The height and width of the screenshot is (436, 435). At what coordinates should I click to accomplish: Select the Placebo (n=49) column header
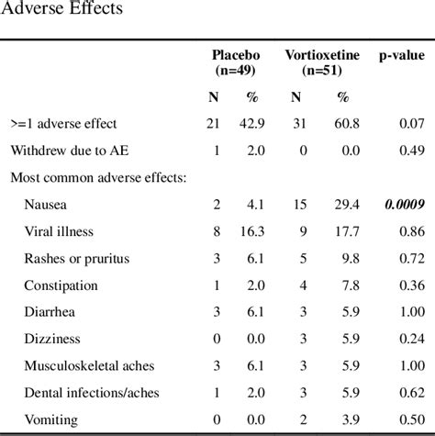pos(236,62)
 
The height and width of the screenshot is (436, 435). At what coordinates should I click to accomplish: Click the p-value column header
pos(402,55)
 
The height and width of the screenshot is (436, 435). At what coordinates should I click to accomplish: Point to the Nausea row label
pos(46,205)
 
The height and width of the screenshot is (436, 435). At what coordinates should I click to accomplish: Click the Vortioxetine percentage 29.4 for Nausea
pos(344,205)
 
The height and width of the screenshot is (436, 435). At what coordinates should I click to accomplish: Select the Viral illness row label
pos(59,231)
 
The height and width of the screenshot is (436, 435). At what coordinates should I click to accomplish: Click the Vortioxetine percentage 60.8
pos(344,123)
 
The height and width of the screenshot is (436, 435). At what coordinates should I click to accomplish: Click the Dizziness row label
pos(52,339)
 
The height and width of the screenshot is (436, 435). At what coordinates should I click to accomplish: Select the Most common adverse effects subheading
pos(98,177)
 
